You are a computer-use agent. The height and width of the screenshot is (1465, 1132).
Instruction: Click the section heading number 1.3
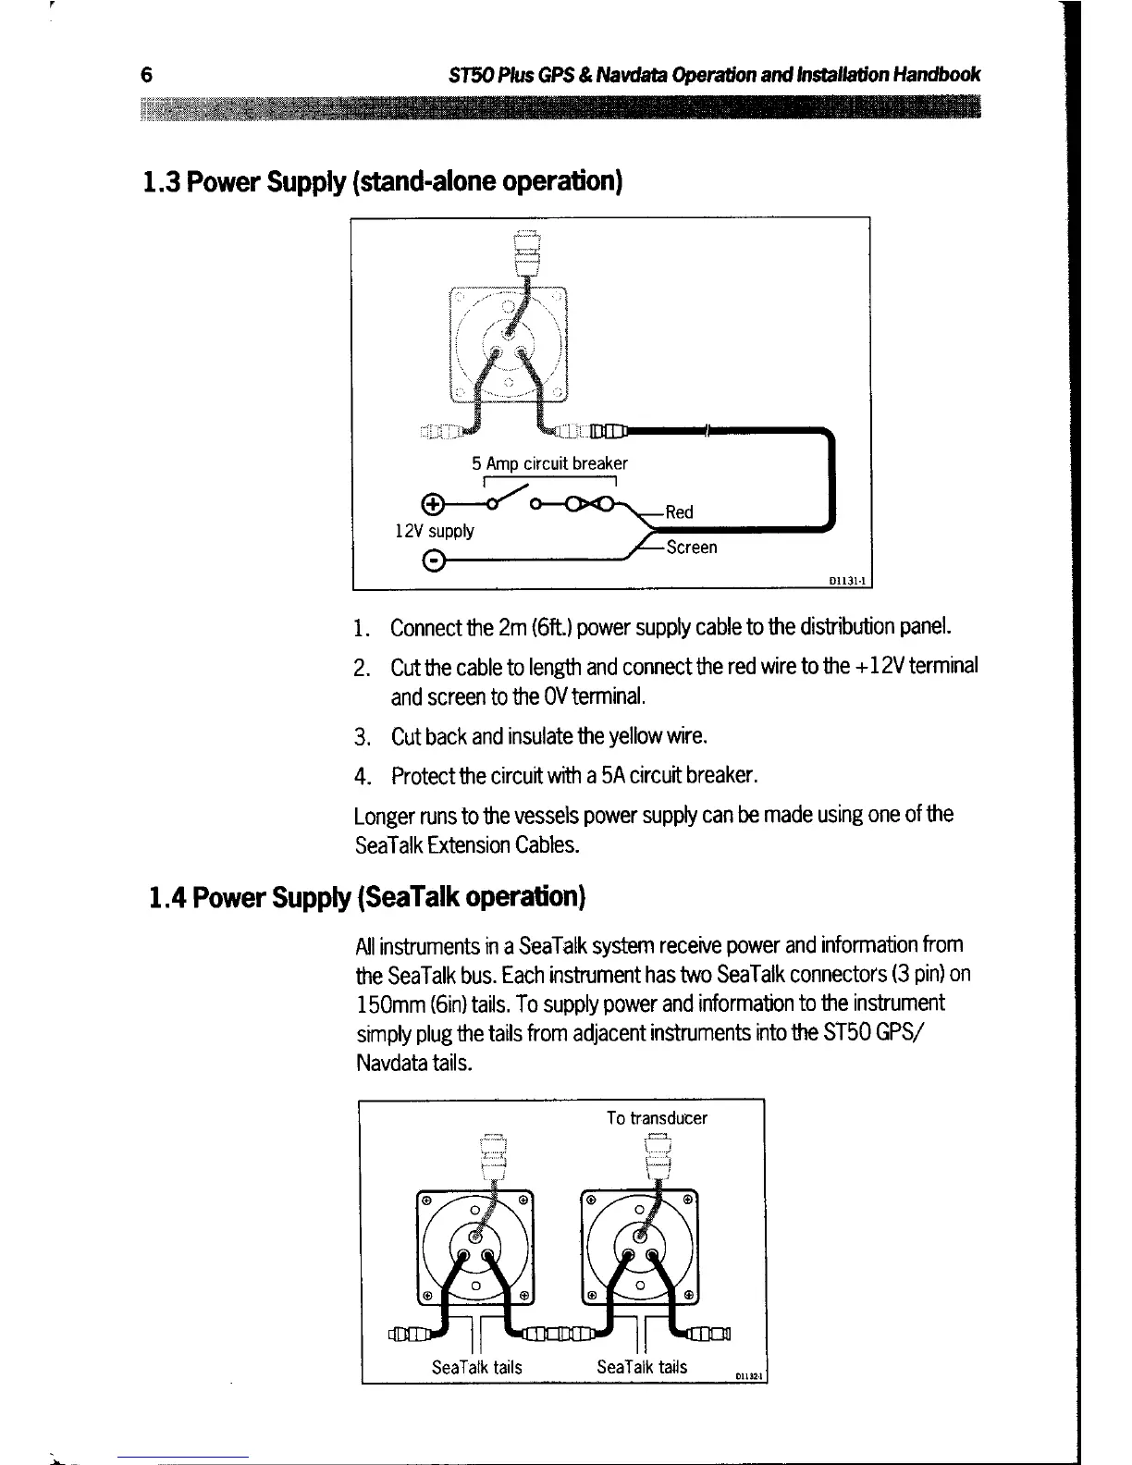[154, 181]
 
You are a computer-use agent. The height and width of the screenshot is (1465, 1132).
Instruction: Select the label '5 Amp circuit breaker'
[549, 463]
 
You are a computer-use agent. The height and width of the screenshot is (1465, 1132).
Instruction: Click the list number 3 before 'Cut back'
[362, 738]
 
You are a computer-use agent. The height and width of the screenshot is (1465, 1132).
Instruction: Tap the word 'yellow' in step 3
[647, 737]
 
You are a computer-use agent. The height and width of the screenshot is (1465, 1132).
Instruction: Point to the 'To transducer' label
[657, 1118]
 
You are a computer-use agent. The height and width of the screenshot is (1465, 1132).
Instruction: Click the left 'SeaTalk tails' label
[477, 1367]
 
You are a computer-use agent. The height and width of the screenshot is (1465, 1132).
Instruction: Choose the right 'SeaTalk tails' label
[642, 1367]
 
